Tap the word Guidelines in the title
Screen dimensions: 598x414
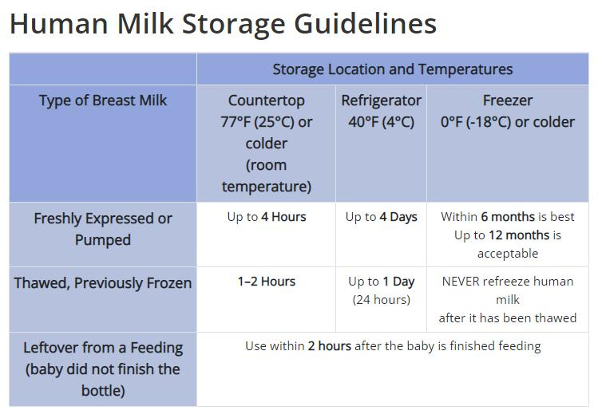pyautogui.click(x=365, y=24)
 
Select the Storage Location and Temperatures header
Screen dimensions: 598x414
pyautogui.click(x=393, y=69)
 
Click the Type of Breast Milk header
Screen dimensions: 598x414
pyautogui.click(x=103, y=101)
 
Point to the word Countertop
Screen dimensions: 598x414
pyautogui.click(x=266, y=101)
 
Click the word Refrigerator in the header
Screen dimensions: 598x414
pyautogui.click(x=382, y=101)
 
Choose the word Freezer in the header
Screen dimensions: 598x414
pyautogui.click(x=508, y=101)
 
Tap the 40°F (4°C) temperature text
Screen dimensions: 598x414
pyautogui.click(x=382, y=122)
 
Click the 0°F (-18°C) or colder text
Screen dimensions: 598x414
pyautogui.click(x=508, y=122)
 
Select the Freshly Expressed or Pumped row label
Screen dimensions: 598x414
pyautogui.click(x=103, y=229)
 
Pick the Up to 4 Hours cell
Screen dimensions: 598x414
pyautogui.click(x=267, y=217)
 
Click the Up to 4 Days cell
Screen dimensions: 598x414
pyautogui.click(x=382, y=217)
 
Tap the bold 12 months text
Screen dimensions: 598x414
pyautogui.click(x=519, y=235)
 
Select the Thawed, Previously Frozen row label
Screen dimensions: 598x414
pyautogui.click(x=103, y=283)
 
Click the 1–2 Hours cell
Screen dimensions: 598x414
pyautogui.click(x=267, y=282)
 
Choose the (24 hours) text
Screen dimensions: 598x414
pyautogui.click(x=382, y=300)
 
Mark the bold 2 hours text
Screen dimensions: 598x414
pyautogui.click(x=330, y=346)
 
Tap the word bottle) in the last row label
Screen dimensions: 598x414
pyautogui.click(x=103, y=391)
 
